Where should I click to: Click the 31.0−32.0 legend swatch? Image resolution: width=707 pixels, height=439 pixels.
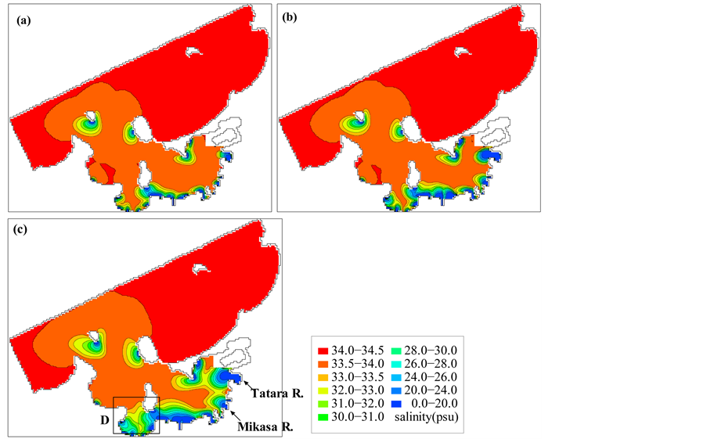coord(323,404)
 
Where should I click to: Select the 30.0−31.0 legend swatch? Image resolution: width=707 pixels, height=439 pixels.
coord(323,418)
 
